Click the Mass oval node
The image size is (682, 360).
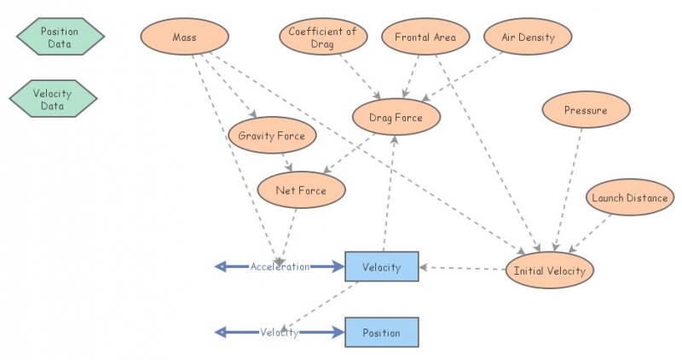pyautogui.click(x=184, y=37)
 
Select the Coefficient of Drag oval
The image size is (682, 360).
pyautogui.click(x=322, y=37)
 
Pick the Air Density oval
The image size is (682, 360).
pyautogui.click(x=528, y=37)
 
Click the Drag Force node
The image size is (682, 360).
pyautogui.click(x=395, y=117)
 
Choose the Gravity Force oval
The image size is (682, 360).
pyautogui.click(x=272, y=136)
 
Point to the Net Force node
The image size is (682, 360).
pyautogui.click(x=302, y=190)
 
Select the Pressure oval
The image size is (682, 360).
pyautogui.click(x=586, y=110)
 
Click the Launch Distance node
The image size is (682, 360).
pyautogui.click(x=630, y=198)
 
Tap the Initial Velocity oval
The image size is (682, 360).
pyautogui.click(x=550, y=270)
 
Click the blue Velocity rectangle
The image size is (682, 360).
pyautogui.click(x=381, y=267)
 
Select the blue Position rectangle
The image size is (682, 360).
pyautogui.click(x=381, y=333)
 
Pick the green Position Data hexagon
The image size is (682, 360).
pyautogui.click(x=60, y=37)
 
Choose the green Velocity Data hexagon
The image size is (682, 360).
pyautogui.click(x=53, y=99)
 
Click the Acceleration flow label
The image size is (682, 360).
pyautogui.click(x=280, y=267)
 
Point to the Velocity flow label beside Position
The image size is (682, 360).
pyautogui.click(x=280, y=333)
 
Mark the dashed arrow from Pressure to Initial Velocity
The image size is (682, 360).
pyautogui.click(x=571, y=188)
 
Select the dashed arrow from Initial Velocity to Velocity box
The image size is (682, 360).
pyautogui.click(x=465, y=269)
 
